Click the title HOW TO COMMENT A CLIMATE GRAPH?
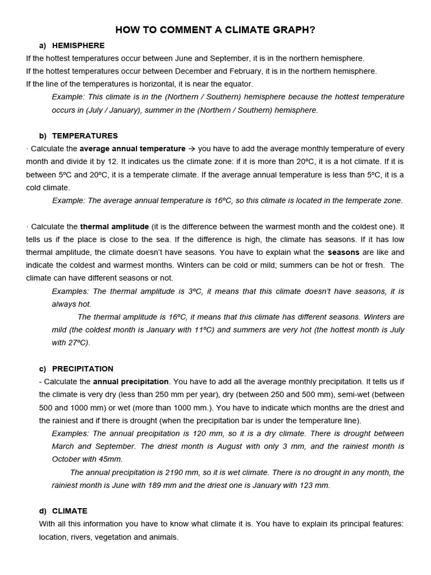215,30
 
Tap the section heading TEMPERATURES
85,136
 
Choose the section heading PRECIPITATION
82,369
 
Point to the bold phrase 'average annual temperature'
132,149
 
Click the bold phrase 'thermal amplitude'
114,227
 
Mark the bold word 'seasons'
343,253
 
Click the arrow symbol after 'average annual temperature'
191,149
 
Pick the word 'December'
193,71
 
